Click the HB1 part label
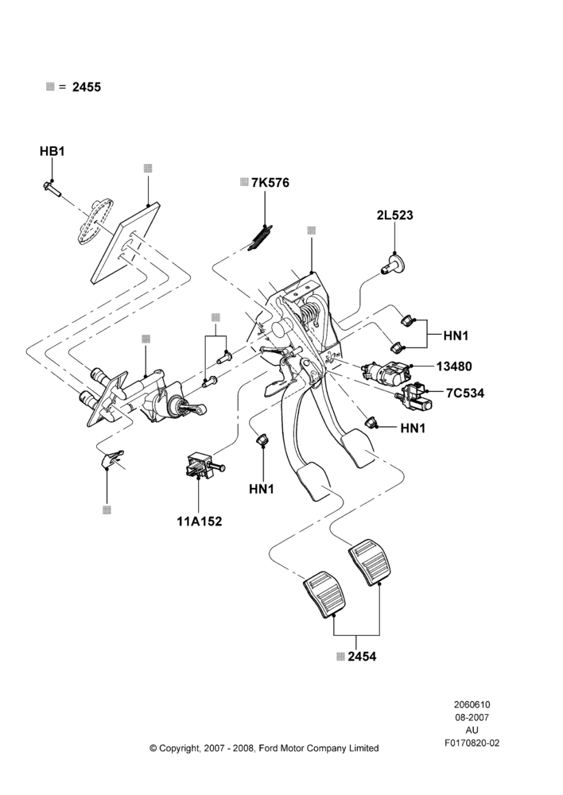click(52, 151)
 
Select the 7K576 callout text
click(270, 183)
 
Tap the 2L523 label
click(394, 215)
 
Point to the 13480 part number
click(454, 366)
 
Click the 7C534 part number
click(465, 393)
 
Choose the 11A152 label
click(200, 522)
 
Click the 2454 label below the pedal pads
click(362, 657)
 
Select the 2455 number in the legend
click(87, 87)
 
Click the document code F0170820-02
click(472, 743)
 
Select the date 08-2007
click(472, 717)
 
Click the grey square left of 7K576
click(244, 182)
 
